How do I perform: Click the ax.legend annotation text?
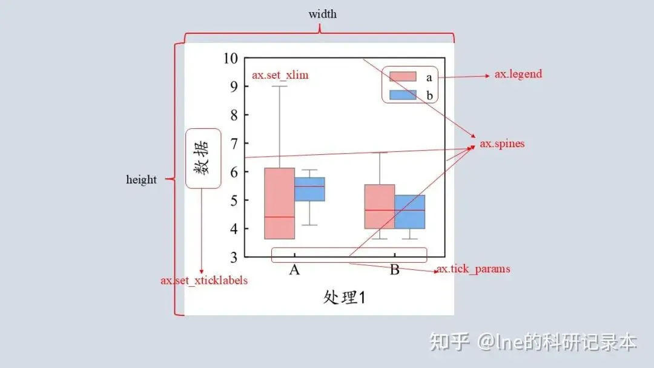pos(518,74)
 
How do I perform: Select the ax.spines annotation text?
pos(502,144)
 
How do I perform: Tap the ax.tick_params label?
pos(474,269)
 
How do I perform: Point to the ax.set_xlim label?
pos(280,76)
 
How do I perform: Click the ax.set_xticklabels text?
pos(204,281)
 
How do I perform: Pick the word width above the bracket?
pos(322,14)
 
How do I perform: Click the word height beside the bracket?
pos(141,180)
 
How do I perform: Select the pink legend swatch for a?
pos(403,76)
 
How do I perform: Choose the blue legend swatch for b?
pos(403,95)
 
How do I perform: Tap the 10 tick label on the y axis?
pos(230,58)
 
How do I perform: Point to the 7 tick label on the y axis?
pos(234,143)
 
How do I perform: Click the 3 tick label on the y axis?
pos(234,257)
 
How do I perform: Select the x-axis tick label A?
pos(294,270)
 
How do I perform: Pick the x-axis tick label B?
pos(394,270)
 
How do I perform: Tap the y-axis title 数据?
pos(203,159)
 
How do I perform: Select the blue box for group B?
pos(410,212)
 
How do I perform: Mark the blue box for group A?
pos(309,189)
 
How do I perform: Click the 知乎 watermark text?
pos(449,343)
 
